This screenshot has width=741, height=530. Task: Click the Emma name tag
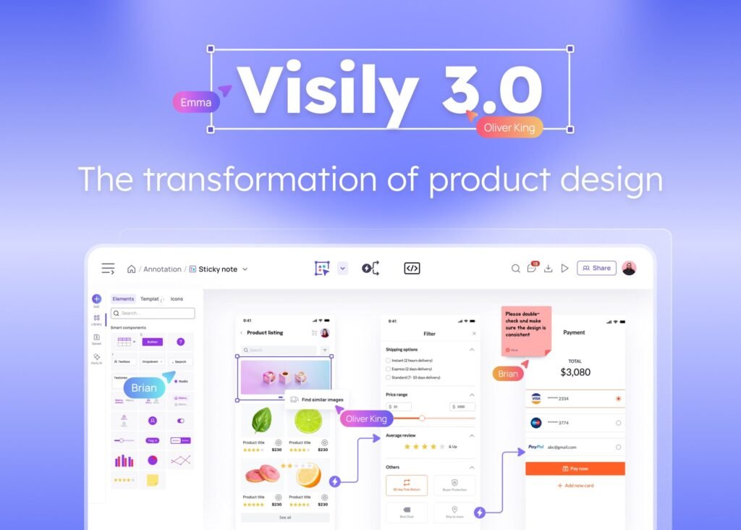click(x=195, y=102)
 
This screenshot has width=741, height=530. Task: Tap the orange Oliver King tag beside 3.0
click(x=509, y=127)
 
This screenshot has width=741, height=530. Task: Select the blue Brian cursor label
click(x=143, y=387)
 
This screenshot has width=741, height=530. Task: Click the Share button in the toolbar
click(x=596, y=268)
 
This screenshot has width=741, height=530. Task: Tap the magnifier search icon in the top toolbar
click(x=515, y=269)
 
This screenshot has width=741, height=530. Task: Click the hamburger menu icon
click(x=108, y=269)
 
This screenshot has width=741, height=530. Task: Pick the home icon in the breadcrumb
click(x=131, y=269)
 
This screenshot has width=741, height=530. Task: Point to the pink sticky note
click(x=526, y=329)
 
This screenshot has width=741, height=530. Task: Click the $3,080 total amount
click(x=575, y=372)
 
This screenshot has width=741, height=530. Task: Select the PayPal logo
click(x=535, y=447)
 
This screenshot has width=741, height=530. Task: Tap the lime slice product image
click(x=308, y=421)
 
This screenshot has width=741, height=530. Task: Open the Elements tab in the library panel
click(x=123, y=299)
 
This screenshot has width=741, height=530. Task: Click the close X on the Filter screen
click(x=474, y=334)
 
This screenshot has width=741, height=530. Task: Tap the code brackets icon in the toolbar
click(x=412, y=269)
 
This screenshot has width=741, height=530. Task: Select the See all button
click(x=285, y=518)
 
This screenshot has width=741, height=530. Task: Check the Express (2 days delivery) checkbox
click(x=389, y=369)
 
